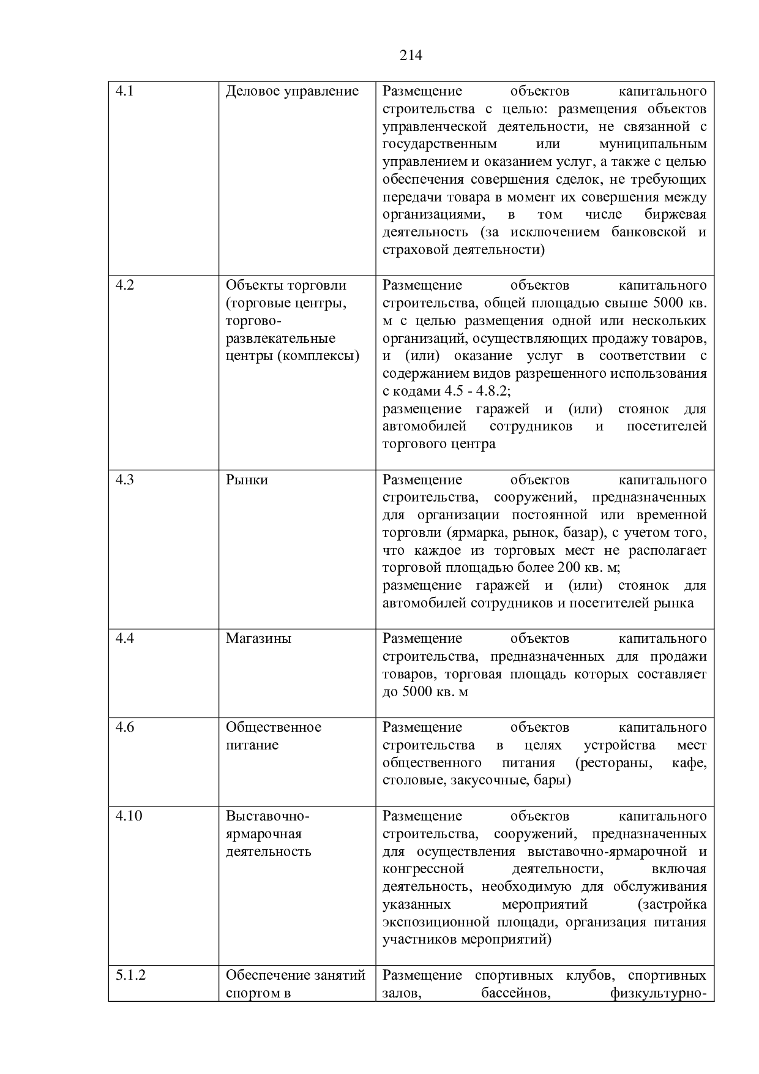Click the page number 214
[x=411, y=56]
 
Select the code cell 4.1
[x=125, y=92]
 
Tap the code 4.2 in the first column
[x=125, y=285]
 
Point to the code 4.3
[x=125, y=480]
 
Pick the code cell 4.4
[x=125, y=639]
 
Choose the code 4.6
[x=125, y=727]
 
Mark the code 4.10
[x=129, y=816]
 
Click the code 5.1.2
[x=131, y=975]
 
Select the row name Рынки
[x=247, y=480]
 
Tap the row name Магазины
[x=258, y=639]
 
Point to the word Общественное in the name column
[x=273, y=727]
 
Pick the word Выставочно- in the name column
[x=267, y=816]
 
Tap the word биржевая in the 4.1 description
[x=675, y=215]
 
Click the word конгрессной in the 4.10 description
[x=423, y=869]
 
